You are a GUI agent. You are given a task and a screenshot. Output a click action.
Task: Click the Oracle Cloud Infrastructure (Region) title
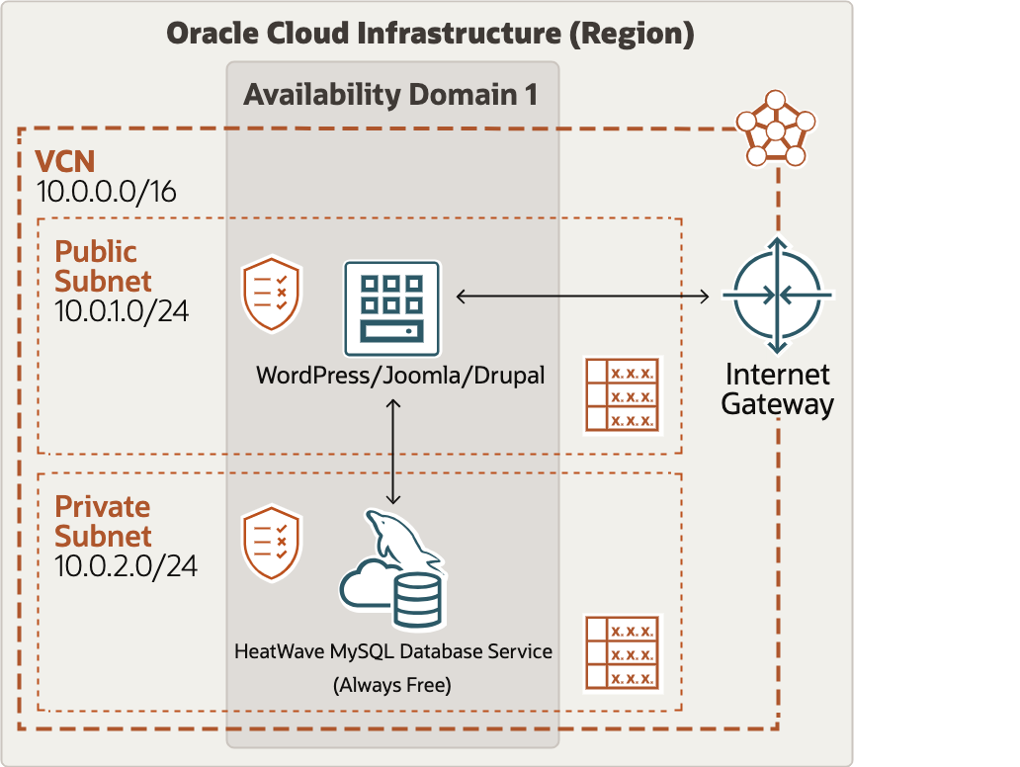pos(430,34)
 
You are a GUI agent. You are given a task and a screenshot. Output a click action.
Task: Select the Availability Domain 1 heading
pos(391,95)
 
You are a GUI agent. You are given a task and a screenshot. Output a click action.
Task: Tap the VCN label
pos(65,161)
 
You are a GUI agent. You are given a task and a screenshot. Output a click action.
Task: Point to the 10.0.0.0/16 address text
pos(106,192)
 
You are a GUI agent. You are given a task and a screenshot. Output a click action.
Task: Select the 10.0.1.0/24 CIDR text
pos(122,311)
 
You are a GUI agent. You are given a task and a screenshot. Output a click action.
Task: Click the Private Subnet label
pos(103,521)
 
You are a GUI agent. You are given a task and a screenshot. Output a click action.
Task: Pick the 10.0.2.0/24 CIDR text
pos(126,566)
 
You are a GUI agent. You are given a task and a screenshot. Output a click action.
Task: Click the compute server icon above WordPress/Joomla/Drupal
pos(391,308)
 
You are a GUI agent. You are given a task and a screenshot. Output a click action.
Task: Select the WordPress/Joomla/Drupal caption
pos(400,377)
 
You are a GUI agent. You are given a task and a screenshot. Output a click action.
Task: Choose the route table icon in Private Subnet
pos(622,652)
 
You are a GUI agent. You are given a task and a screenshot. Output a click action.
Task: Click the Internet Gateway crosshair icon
pos(778,296)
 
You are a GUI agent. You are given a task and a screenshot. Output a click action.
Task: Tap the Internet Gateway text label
pos(778,389)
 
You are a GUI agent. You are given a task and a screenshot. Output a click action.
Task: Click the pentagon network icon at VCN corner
pos(776,129)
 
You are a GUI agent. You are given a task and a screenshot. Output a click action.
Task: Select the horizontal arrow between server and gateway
pos(583,296)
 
